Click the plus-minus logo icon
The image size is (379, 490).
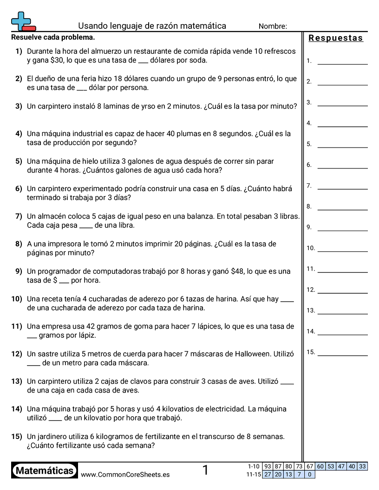23,21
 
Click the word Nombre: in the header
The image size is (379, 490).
273,26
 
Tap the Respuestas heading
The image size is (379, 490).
336,38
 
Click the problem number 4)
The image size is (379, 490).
19,134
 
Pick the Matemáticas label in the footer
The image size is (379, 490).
45,471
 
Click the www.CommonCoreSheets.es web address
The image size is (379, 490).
125,475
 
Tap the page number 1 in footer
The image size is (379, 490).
205,471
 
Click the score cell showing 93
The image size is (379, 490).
268,467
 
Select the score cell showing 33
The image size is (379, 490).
362,467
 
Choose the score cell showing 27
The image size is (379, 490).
268,475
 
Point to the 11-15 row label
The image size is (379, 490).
253,475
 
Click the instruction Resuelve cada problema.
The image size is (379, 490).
53,37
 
